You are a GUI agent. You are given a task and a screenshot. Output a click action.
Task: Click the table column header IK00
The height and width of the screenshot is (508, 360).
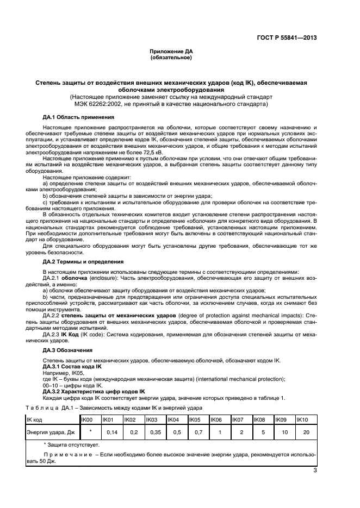click(x=88, y=419)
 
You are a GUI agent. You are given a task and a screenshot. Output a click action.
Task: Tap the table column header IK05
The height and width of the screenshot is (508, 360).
click(x=195, y=419)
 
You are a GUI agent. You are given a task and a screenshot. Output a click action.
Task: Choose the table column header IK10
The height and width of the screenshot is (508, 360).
click(x=303, y=419)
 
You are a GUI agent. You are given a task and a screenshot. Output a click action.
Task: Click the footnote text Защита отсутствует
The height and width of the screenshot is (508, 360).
click(x=74, y=444)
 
